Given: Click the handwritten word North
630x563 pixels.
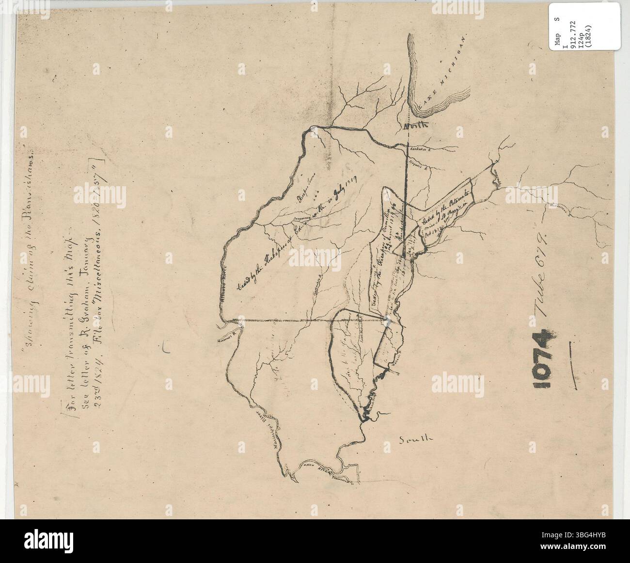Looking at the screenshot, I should click(x=416, y=125).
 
